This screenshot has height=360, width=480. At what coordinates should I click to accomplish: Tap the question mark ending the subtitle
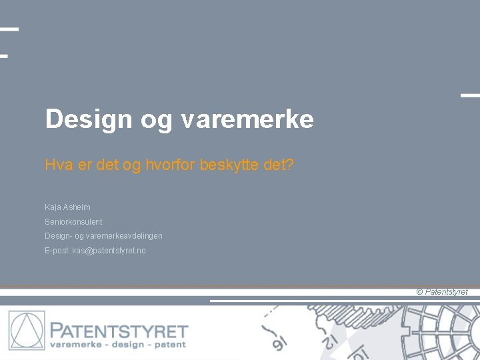[289, 165]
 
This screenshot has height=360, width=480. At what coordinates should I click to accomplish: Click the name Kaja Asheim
[67, 207]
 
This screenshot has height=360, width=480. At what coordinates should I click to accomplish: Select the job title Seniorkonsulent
[73, 221]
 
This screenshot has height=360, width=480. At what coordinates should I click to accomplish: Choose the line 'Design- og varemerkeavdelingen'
[103, 236]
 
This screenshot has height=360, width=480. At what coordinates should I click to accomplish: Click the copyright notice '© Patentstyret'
[442, 292]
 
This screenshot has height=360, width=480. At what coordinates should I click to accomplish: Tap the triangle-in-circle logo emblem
[27, 331]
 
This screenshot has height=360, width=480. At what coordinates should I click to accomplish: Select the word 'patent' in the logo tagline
[169, 345]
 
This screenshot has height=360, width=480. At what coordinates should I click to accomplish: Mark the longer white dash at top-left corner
[9, 29]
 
